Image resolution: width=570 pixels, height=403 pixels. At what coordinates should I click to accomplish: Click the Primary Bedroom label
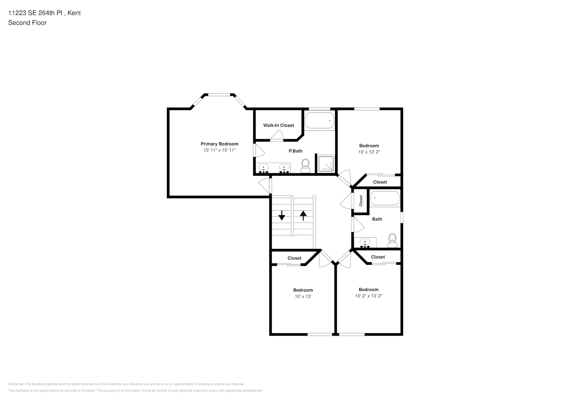(219, 144)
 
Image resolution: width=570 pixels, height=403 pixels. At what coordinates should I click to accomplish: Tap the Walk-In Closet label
(279, 125)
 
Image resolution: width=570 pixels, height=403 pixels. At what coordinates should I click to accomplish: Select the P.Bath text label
(295, 151)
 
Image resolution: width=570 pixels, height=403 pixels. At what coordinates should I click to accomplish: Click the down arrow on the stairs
(281, 215)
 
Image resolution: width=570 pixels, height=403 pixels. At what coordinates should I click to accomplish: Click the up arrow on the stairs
(303, 215)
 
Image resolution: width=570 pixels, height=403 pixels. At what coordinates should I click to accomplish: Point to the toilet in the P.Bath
(305, 166)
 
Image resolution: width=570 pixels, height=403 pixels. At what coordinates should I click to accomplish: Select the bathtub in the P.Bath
(320, 120)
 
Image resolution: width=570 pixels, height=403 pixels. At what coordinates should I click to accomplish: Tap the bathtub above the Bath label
(385, 198)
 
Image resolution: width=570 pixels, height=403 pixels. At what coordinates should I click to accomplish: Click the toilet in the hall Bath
(392, 241)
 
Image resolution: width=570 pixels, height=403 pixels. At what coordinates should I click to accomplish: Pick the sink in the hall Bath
(365, 243)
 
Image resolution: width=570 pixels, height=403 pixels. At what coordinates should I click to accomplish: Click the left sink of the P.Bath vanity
(264, 168)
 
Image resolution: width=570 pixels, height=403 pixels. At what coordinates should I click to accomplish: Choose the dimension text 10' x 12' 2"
(369, 152)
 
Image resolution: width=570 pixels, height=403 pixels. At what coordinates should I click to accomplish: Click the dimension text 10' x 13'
(303, 297)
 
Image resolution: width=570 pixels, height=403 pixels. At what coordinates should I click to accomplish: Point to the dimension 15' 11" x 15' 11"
(219, 150)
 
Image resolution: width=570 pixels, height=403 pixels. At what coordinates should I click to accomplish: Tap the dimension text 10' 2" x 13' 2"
(368, 296)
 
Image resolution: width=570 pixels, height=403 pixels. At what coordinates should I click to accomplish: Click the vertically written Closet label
(361, 200)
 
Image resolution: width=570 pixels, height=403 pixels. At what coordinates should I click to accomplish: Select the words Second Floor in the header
(27, 23)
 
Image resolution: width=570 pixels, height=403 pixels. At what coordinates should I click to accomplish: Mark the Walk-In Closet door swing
(277, 136)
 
